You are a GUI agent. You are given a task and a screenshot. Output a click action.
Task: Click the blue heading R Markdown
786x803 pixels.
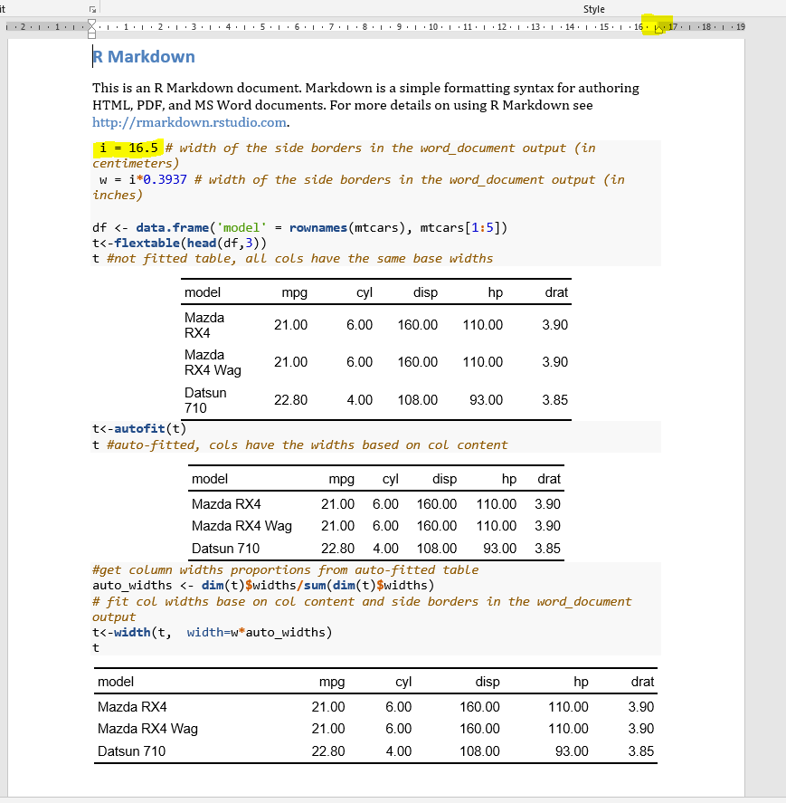(x=144, y=57)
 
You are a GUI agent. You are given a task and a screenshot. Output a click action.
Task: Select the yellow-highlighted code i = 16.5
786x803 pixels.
(x=129, y=148)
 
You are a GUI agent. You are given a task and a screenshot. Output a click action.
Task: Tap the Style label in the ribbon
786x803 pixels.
(x=594, y=9)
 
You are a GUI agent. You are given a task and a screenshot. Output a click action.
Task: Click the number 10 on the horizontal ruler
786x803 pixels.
(x=433, y=27)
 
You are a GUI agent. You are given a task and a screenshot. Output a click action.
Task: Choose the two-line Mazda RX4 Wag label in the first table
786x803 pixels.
(x=213, y=362)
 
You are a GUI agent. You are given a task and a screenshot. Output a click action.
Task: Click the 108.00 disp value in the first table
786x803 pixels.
(x=417, y=400)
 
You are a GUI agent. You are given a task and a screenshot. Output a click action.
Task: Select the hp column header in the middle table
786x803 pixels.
(x=508, y=479)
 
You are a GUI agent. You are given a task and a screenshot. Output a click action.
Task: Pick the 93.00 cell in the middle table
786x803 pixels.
(x=499, y=549)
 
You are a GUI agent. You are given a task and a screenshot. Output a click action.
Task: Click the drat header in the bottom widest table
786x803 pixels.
(x=642, y=682)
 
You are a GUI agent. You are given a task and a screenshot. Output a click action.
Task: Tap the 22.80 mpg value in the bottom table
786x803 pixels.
(x=327, y=751)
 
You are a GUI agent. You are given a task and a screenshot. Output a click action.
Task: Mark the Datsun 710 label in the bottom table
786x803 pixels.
(x=131, y=751)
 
